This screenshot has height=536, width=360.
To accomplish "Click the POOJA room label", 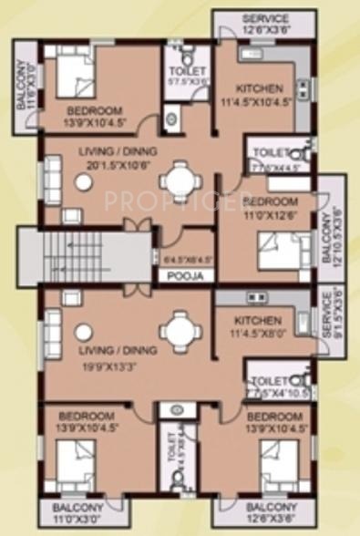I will tap(186, 274).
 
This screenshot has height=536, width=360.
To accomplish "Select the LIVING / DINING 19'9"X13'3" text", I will tap(98, 348).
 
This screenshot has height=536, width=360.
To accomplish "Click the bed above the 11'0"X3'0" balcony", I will tap(70, 461).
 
